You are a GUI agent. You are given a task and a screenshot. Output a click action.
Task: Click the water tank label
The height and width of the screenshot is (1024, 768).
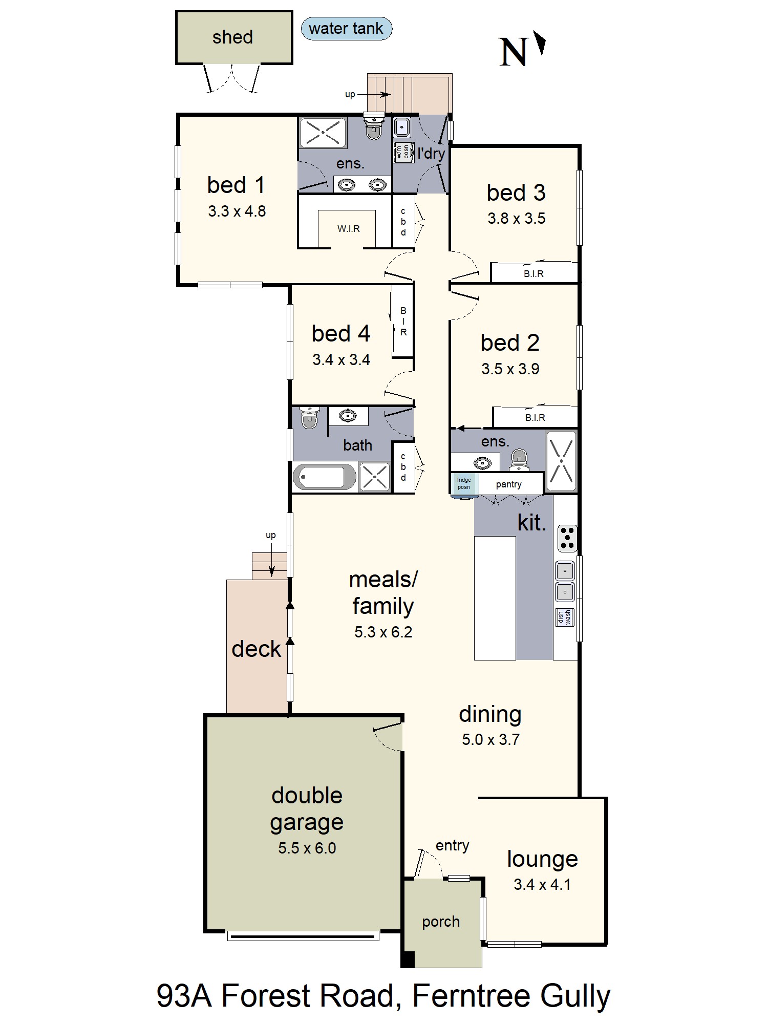pos(346,29)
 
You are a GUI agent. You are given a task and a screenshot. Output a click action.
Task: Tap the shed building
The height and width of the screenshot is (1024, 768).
pos(234,37)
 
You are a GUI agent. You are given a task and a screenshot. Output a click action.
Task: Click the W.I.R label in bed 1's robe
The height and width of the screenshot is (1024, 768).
pos(348,229)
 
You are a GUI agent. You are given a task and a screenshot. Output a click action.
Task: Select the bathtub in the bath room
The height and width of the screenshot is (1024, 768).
pos(324,477)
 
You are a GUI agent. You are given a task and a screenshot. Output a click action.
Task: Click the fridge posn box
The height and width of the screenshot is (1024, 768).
pos(464,483)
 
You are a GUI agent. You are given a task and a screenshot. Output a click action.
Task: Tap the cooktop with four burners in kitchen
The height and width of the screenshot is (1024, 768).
pos(567,538)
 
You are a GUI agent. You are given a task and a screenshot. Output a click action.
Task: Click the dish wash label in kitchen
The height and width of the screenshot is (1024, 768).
pos(564,617)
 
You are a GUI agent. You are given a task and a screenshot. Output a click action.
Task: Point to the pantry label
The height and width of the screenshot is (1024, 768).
pos(508,484)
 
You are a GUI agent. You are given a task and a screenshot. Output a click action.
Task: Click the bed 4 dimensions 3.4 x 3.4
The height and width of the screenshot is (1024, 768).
pos(341,360)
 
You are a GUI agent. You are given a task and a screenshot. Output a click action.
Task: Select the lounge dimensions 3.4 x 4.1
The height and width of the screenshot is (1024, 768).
pos(542,885)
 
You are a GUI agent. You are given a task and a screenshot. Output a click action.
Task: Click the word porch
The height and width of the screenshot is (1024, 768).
pos(440,922)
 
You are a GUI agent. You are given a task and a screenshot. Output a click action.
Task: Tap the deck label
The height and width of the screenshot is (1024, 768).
pos(256,649)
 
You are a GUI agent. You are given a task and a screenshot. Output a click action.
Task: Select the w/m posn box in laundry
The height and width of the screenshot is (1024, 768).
pos(403,153)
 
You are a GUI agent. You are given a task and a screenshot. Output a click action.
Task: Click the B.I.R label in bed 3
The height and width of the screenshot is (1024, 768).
pos(534,274)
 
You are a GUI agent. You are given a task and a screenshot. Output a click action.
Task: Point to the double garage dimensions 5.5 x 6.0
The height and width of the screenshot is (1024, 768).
pos(307,848)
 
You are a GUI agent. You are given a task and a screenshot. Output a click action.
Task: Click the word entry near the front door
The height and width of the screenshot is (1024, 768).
pos(452,846)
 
